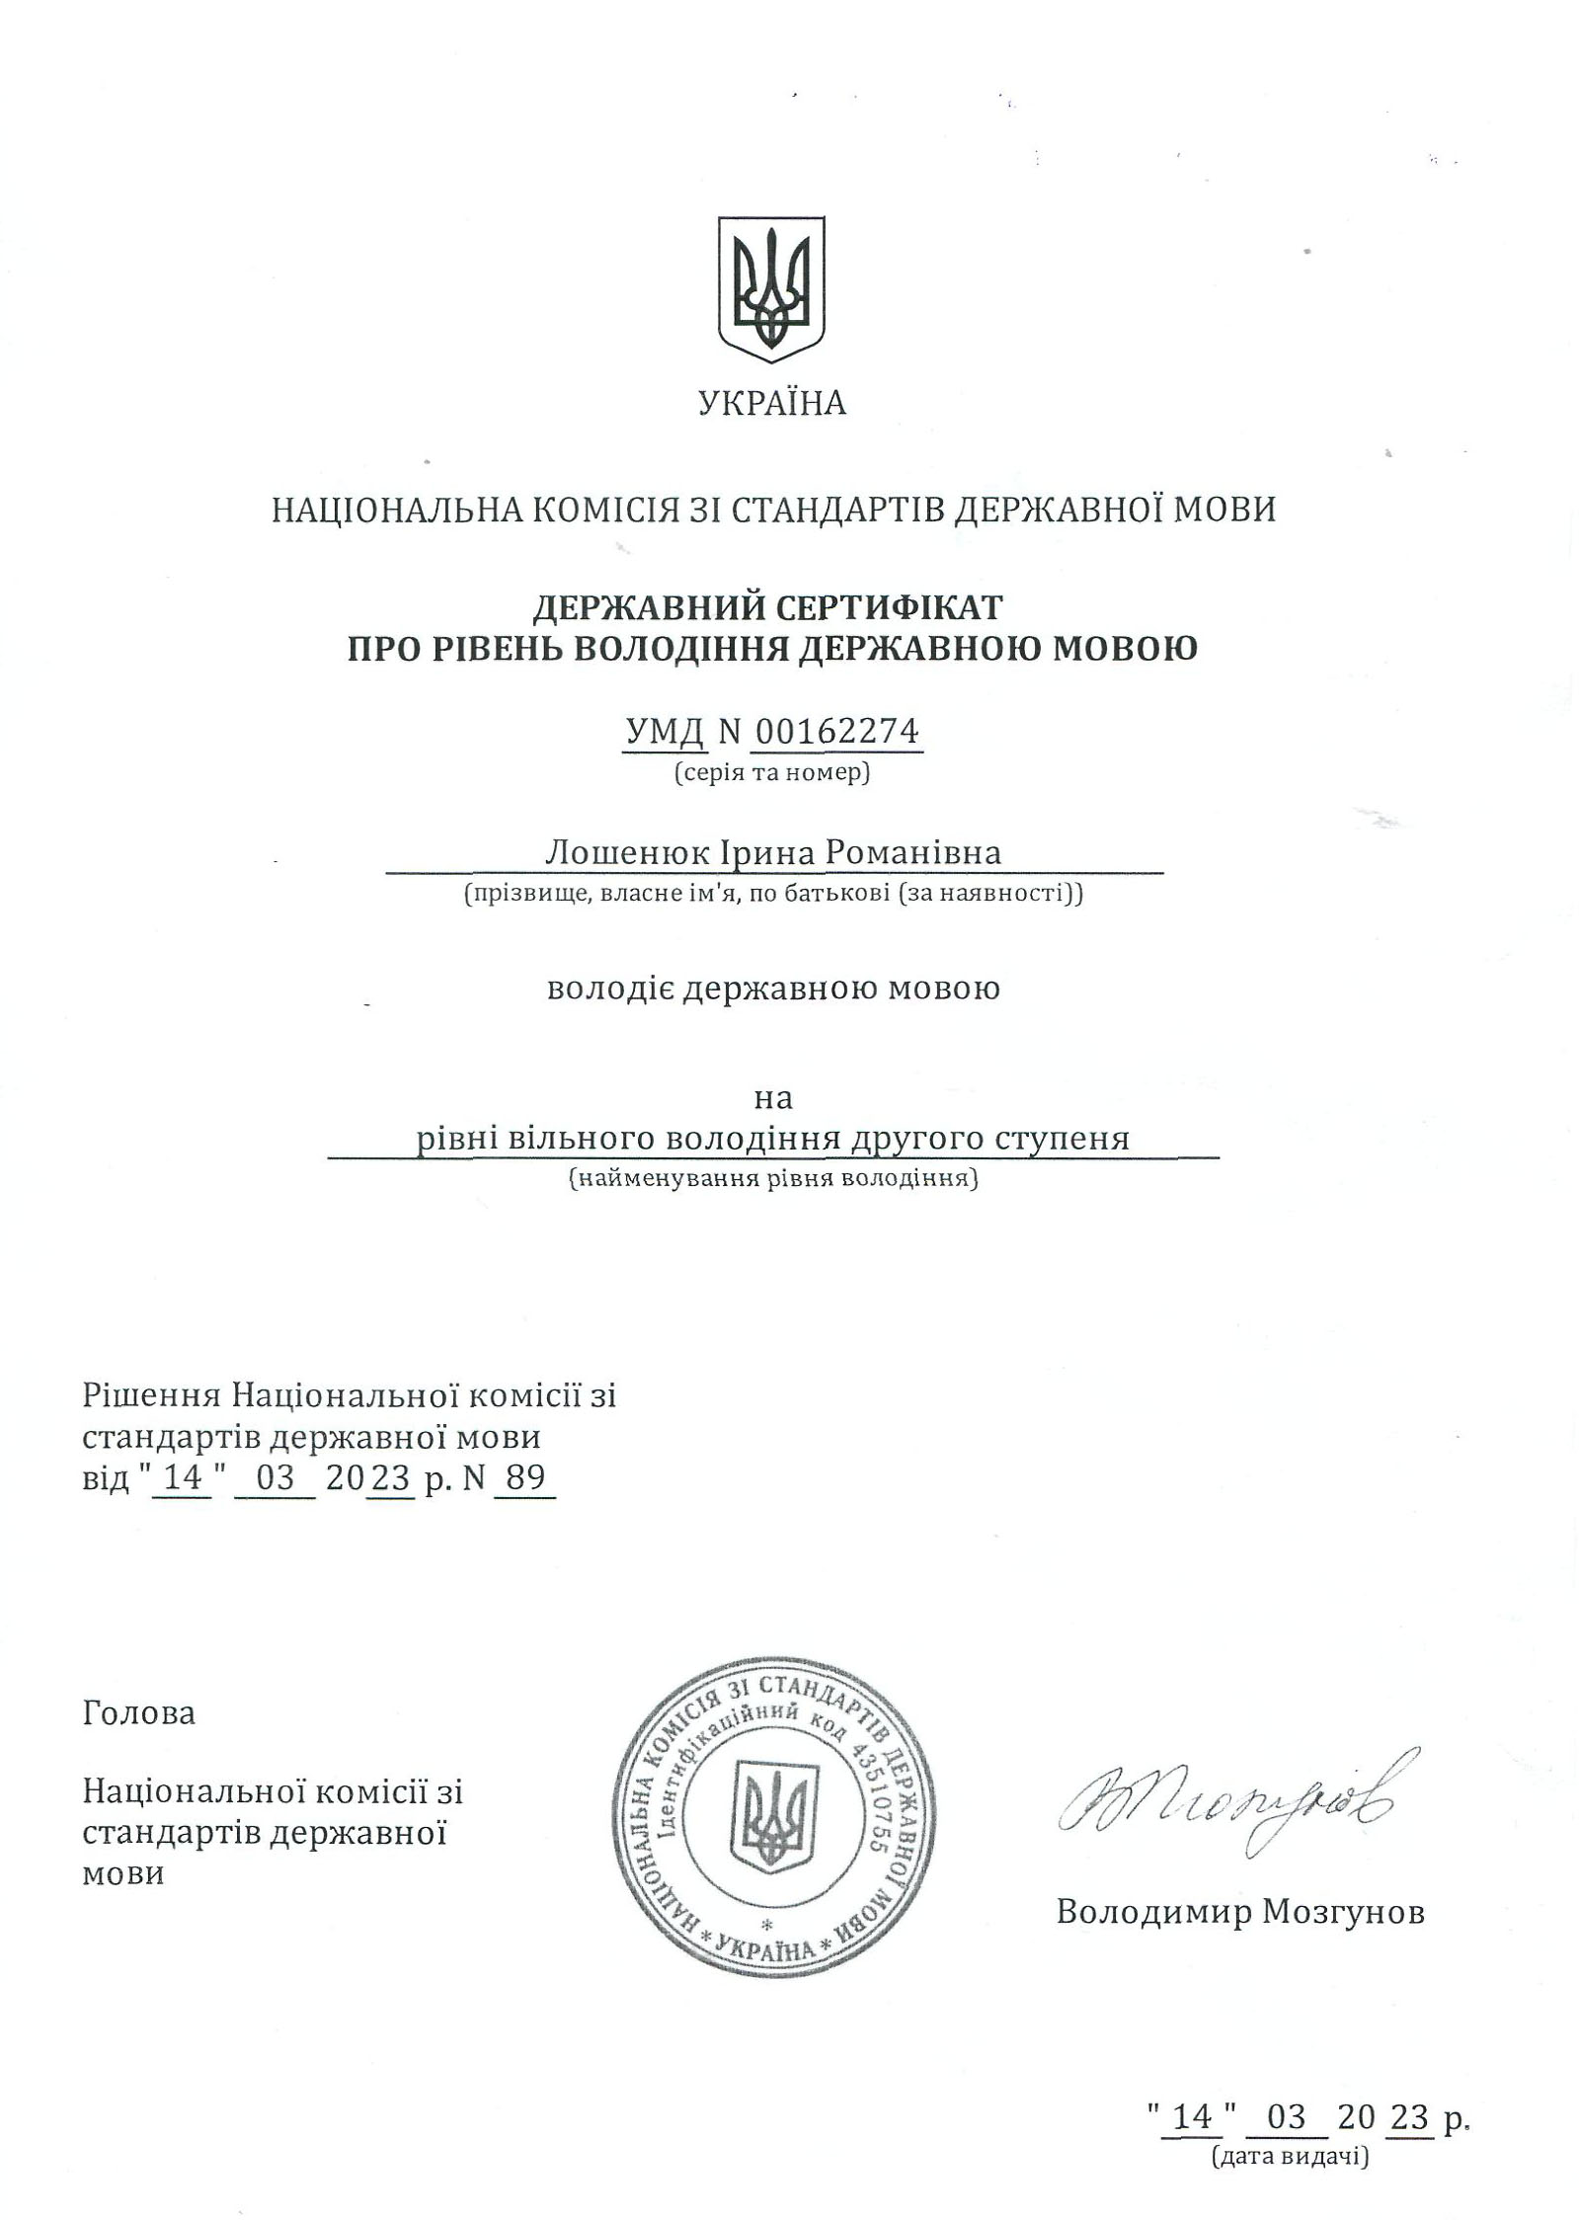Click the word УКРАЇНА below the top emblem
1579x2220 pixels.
click(772, 404)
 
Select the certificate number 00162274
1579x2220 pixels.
click(837, 732)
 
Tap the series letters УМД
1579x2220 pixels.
click(665, 732)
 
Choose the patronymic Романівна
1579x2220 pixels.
click(913, 851)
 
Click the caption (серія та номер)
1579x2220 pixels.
click(772, 773)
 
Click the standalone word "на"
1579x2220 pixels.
click(773, 1097)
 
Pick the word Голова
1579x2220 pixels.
click(139, 1713)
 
